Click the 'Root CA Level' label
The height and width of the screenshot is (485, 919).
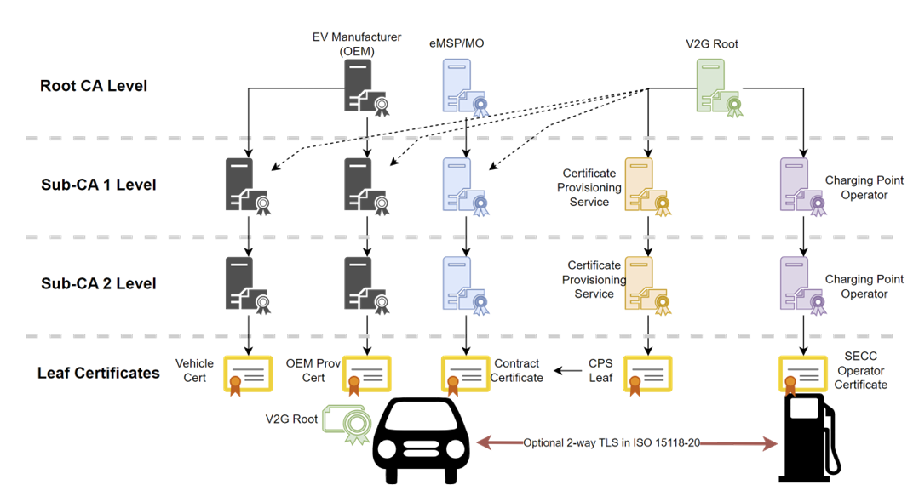pos(93,86)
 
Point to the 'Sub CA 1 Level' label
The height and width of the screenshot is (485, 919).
pos(98,185)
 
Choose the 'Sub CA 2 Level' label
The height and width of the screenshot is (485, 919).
pos(98,283)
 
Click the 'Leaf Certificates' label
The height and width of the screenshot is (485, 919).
pos(99,373)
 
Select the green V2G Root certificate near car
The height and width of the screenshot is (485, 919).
pos(346,424)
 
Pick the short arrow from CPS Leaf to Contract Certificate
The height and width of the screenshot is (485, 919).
pos(569,370)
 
